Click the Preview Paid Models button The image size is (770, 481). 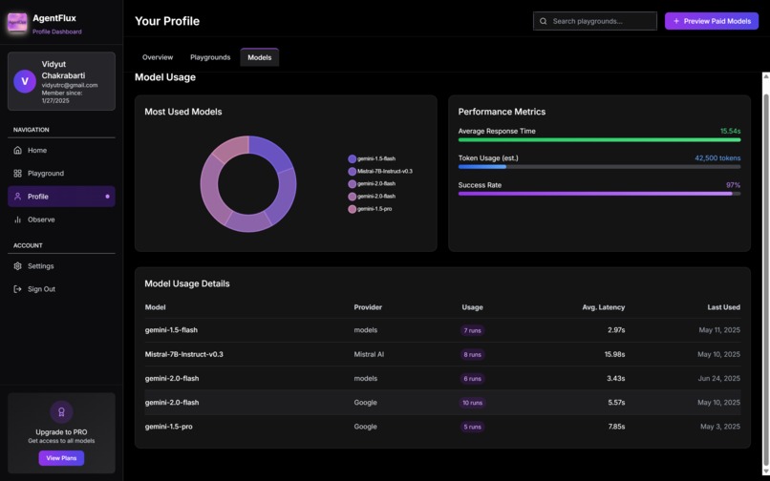coord(711,21)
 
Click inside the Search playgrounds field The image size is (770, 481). coord(594,21)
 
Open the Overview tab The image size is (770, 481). coord(158,57)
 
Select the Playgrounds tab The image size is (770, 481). coord(210,57)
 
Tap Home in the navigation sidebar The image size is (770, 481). coord(36,151)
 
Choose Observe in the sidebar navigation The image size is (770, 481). coord(41,220)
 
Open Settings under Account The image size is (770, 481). coord(40,266)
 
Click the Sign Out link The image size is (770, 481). coord(41,289)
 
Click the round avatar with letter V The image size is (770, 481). coord(25,81)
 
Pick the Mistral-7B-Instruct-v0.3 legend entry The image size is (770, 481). coord(384,172)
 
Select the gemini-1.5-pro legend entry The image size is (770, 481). coord(374,209)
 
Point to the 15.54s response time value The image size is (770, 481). coord(730,132)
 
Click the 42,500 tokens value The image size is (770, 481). coord(717,158)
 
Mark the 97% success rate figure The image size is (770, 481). coord(733,185)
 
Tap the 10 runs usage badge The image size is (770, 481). coord(472,403)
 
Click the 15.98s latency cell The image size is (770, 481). coord(614,354)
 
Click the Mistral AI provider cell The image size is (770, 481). coord(369,354)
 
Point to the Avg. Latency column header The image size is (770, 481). coord(603,307)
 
